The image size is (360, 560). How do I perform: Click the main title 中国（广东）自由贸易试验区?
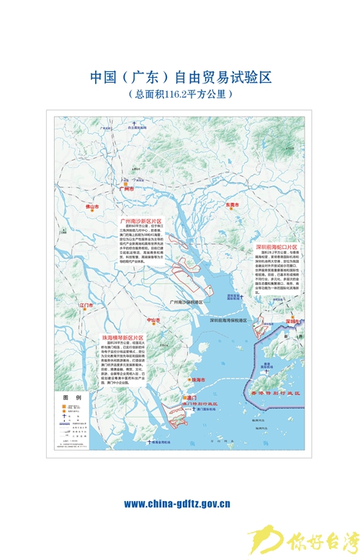click(x=180, y=77)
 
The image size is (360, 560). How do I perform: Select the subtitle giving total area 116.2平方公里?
click(x=180, y=94)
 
